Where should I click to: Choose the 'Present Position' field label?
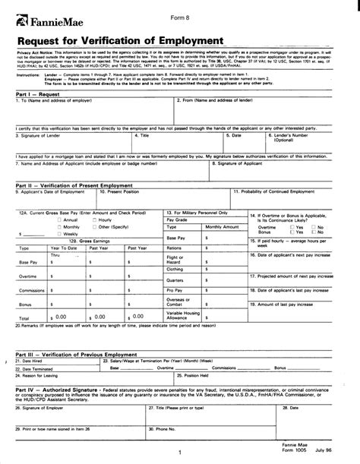pyautogui.click(x=127, y=192)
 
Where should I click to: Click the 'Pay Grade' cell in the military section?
pyautogui.click(x=175, y=219)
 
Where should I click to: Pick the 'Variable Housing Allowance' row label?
pyautogui.click(x=182, y=314)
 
